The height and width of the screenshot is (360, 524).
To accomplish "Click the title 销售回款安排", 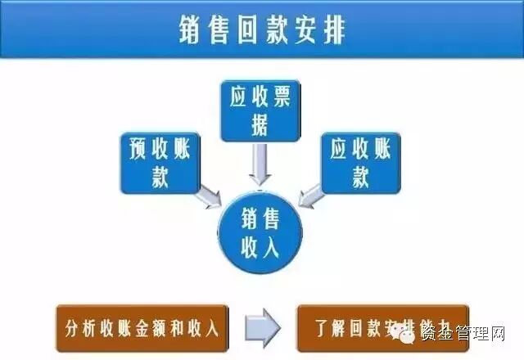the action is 262,31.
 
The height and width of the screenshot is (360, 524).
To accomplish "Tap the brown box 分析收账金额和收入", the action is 139,329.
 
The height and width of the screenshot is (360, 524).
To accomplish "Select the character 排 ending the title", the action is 331,31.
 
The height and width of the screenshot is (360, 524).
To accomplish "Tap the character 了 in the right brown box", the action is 319,329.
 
